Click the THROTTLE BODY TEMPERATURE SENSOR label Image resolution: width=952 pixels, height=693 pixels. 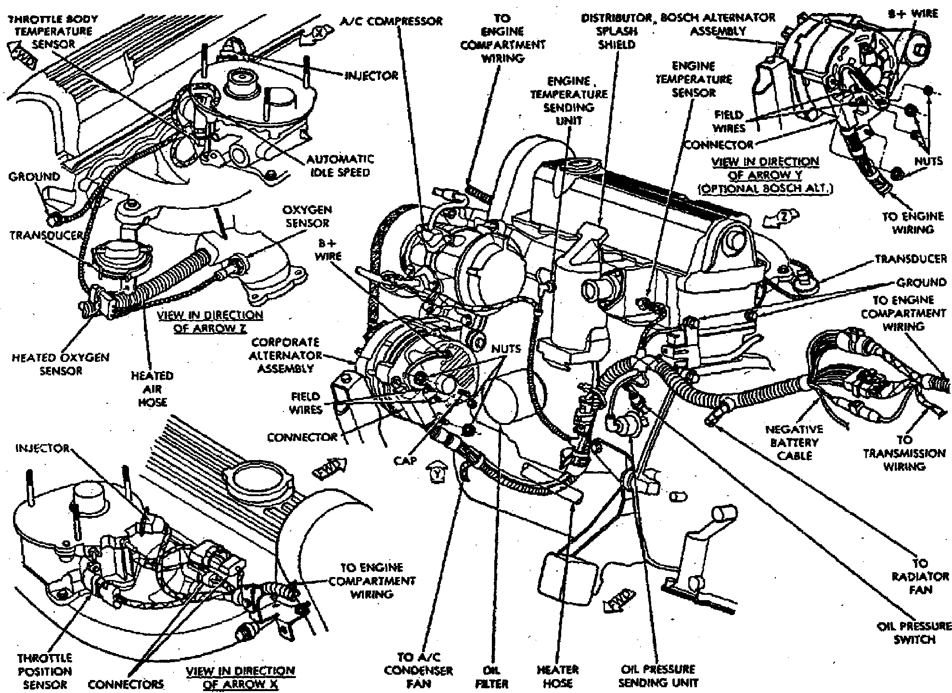(x=53, y=32)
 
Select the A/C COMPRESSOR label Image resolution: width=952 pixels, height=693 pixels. (x=391, y=21)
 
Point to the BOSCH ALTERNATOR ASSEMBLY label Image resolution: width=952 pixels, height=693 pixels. (x=718, y=24)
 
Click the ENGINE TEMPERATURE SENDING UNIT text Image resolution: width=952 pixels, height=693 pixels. (x=569, y=101)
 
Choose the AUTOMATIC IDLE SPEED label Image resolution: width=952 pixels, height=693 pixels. (x=340, y=166)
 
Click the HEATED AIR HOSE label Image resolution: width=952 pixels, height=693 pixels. (x=152, y=389)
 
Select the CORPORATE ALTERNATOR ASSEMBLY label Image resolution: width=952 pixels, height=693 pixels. (x=287, y=355)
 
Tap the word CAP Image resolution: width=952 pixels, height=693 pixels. (x=405, y=461)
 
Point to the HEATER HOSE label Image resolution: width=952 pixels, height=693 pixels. (x=558, y=676)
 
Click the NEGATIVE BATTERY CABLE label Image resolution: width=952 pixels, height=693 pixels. (x=794, y=442)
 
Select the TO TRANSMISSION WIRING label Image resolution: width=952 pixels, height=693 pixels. (x=904, y=453)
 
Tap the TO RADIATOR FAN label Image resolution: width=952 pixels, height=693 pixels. (x=920, y=576)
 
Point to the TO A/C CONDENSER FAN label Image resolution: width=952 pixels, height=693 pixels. (x=418, y=670)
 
